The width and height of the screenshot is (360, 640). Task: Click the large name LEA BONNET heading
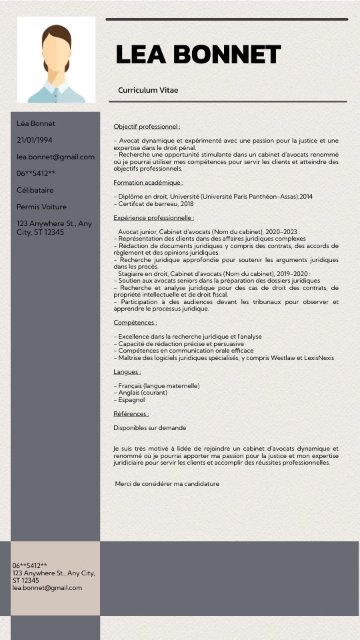click(x=198, y=55)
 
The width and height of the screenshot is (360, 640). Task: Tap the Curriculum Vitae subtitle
click(x=148, y=90)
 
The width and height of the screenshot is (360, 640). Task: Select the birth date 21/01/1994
click(x=34, y=140)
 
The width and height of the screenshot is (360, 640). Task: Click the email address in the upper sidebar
click(x=55, y=157)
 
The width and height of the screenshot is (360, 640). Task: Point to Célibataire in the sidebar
click(x=35, y=190)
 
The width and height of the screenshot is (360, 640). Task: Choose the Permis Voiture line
click(x=41, y=207)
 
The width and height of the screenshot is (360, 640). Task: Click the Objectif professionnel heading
click(x=147, y=126)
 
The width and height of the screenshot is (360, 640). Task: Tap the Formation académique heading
click(x=148, y=182)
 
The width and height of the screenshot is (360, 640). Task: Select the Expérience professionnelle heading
click(x=153, y=217)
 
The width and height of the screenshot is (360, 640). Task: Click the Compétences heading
click(x=135, y=322)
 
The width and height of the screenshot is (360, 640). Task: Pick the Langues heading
click(x=127, y=371)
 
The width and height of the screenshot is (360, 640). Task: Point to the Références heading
click(x=131, y=413)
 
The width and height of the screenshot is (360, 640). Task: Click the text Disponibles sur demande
click(x=149, y=427)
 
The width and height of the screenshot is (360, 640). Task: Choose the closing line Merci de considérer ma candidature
click(x=167, y=483)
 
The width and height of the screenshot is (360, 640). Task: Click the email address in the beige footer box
click(x=47, y=587)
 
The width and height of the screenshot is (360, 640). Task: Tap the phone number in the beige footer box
click(x=29, y=565)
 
